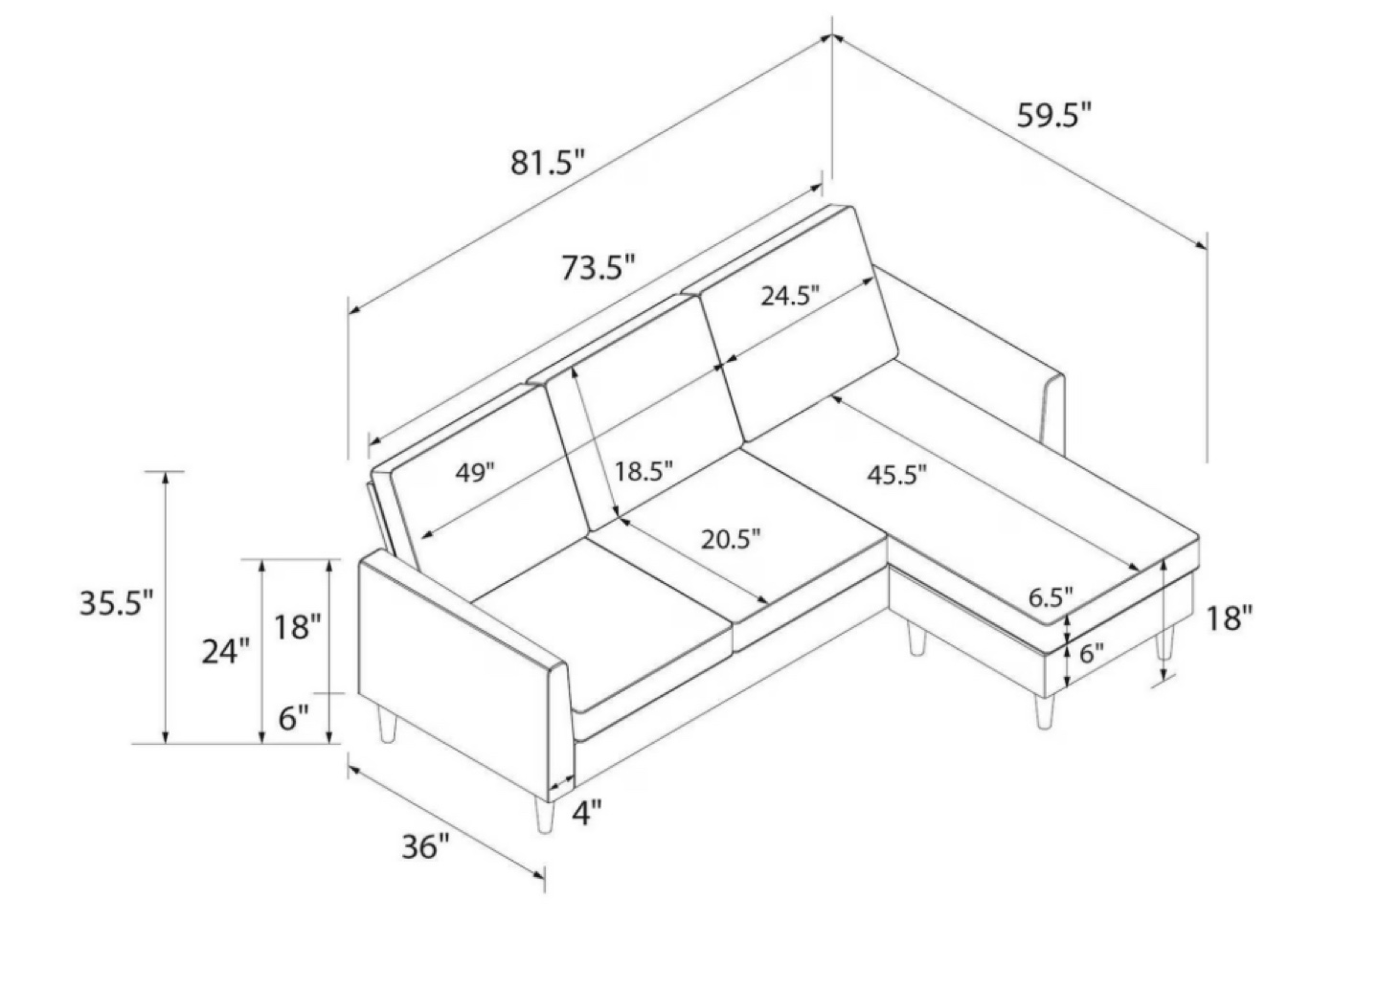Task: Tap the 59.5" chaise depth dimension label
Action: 1054,115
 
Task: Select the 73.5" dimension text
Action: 598,268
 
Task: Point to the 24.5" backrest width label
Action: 790,296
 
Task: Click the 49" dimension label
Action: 475,473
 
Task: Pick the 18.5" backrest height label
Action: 644,472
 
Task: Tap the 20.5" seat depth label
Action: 731,540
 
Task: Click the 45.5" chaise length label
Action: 897,475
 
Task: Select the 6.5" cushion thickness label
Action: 1051,596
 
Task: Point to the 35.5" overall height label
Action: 116,602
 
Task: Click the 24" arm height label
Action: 226,651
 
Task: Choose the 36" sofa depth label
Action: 426,846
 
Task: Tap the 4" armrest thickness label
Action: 587,814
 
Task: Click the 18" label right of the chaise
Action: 1229,618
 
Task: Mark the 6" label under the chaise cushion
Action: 1092,653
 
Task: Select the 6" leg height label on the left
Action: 293,718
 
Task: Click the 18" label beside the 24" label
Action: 297,627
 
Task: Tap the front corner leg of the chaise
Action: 1044,712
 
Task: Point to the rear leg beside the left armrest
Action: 387,725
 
